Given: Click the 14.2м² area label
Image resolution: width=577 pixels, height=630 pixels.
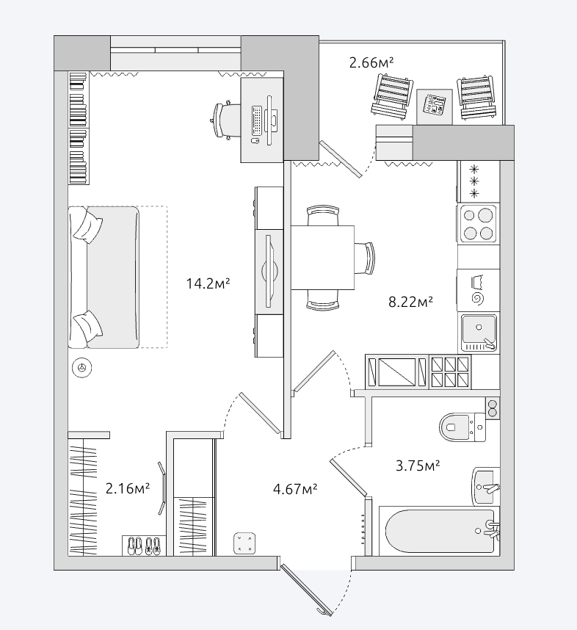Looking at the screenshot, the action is pyautogui.click(x=208, y=283).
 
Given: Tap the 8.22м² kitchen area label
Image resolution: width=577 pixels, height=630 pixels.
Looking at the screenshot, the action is pyautogui.click(x=410, y=301).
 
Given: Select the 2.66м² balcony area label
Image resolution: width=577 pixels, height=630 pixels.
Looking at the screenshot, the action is pyautogui.click(x=371, y=62).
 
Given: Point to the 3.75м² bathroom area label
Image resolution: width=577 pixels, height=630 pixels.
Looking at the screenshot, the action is pyautogui.click(x=418, y=466).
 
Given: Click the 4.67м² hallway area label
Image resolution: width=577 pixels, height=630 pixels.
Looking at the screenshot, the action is pyautogui.click(x=295, y=489).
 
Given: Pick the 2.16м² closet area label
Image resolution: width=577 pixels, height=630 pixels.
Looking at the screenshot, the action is pyautogui.click(x=128, y=488).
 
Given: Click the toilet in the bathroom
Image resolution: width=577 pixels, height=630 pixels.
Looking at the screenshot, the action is pyautogui.click(x=462, y=427).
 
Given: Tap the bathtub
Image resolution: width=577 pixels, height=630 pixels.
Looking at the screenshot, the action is pyautogui.click(x=440, y=531).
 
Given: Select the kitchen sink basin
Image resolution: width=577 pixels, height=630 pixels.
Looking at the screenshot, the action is pyautogui.click(x=479, y=333).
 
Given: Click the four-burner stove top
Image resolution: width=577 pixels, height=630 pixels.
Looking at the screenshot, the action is pyautogui.click(x=478, y=224).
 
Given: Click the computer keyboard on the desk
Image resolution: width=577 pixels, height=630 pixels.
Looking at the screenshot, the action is pyautogui.click(x=257, y=120).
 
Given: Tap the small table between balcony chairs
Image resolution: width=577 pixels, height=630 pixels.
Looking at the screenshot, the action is pyautogui.click(x=435, y=106).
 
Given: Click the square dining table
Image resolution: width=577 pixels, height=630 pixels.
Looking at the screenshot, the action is pyautogui.click(x=322, y=258).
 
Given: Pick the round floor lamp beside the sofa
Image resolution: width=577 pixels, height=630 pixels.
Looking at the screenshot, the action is pyautogui.click(x=82, y=367).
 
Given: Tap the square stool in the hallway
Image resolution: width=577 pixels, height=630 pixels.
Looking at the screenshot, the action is pyautogui.click(x=244, y=543).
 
